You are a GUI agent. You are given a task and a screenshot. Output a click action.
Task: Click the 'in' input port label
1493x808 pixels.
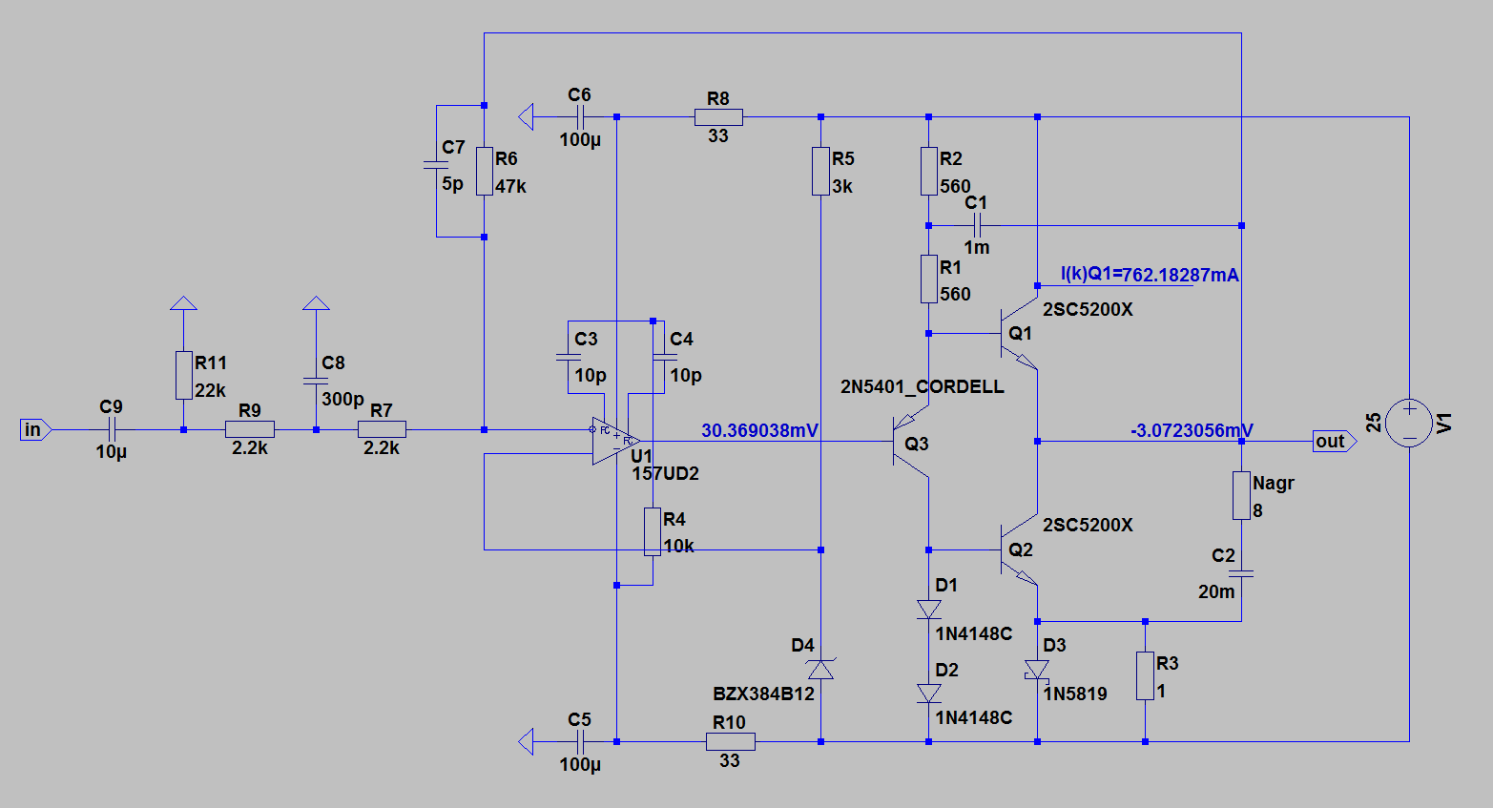pos(33,430)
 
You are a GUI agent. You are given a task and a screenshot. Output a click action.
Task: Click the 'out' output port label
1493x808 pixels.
pos(1331,442)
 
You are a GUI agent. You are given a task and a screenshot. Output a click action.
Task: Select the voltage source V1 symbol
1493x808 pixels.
pos(1409,423)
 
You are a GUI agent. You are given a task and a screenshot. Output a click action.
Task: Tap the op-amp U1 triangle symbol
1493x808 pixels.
pos(613,441)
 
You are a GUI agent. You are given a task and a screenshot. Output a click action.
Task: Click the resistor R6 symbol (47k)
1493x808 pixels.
pos(485,171)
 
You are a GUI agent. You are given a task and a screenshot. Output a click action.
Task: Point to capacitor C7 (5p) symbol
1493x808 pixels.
pos(436,164)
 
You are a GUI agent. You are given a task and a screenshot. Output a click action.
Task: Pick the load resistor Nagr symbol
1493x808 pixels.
pos(1241,495)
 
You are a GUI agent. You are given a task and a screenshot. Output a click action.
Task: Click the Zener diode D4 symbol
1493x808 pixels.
pos(820,669)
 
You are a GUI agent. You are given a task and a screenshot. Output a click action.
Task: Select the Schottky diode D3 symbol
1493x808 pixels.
pos(1037,670)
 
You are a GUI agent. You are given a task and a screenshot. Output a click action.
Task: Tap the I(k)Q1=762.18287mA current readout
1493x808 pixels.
pos(1150,275)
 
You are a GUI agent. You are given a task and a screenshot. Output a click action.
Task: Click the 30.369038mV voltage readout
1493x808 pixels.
pos(759,430)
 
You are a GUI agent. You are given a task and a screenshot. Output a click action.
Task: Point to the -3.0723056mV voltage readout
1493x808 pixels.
pos(1192,430)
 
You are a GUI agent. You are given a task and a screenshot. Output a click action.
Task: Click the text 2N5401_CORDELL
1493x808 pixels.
pos(922,386)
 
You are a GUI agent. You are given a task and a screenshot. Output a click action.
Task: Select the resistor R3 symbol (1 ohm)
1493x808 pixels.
pos(1145,675)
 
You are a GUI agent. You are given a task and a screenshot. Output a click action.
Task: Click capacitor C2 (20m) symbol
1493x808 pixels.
pos(1241,573)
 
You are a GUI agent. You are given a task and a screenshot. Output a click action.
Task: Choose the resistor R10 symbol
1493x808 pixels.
pos(731,741)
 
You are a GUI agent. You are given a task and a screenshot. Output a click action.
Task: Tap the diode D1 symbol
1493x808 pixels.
pos(928,609)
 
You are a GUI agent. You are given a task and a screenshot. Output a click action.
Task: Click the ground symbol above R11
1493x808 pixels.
pos(183,304)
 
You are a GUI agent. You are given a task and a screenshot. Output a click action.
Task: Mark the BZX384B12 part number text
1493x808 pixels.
pos(763,694)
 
